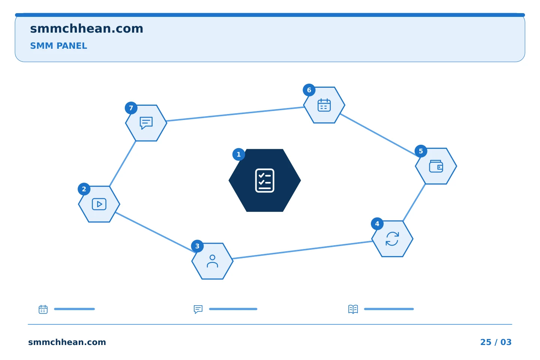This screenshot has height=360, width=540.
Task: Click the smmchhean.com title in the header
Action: [87, 29]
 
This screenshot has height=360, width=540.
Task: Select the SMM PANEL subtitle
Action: [58, 46]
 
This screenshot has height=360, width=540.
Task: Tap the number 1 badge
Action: [238, 154]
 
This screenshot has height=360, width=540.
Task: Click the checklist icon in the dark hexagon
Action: [265, 181]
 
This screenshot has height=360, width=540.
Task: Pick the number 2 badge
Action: [84, 189]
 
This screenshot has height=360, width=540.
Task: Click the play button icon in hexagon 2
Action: [99, 204]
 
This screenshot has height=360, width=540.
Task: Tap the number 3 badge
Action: [197, 246]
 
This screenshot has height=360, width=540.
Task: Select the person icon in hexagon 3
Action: [212, 261]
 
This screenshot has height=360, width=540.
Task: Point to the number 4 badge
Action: [377, 224]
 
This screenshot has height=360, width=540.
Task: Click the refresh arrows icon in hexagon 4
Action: [392, 239]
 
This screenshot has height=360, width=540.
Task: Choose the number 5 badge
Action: [421, 151]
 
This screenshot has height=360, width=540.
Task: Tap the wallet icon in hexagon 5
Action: [436, 166]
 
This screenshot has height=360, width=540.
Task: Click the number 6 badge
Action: [309, 90]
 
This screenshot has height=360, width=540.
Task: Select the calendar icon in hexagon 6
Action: [324, 105]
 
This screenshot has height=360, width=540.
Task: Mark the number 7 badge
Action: [131, 108]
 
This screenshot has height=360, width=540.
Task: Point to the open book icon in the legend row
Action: [353, 309]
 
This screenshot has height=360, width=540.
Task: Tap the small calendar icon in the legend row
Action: [43, 309]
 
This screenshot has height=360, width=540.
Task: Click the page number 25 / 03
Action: [496, 342]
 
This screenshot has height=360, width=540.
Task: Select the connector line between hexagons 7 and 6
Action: [235, 114]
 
